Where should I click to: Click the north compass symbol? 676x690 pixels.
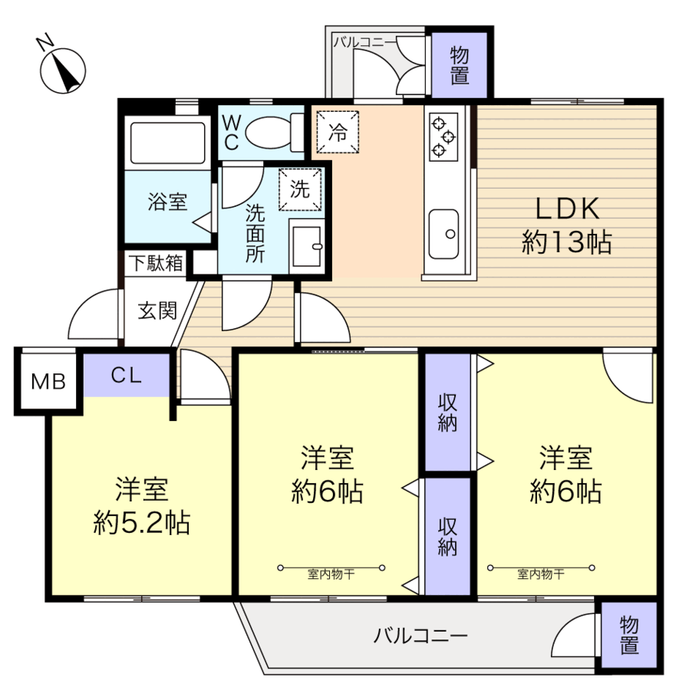pos(62,71)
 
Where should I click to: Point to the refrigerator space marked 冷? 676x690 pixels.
pos(338,129)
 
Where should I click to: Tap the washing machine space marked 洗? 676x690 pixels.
pos(301,187)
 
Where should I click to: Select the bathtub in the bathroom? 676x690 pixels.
pos(167,143)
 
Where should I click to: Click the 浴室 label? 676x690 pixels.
pos(167,202)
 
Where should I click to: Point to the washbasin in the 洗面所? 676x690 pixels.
pos(308,245)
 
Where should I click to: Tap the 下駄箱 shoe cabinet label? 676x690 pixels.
pos(155,263)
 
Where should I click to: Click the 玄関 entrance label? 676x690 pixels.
pos(157,310)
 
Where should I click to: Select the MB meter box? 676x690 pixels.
pos(48,381)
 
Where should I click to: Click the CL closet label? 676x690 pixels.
pos(127,375)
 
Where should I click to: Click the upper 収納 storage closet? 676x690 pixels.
pos(448,413)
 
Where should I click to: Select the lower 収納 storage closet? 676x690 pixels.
pos(448,536)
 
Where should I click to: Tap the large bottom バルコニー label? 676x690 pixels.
pos(420,636)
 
